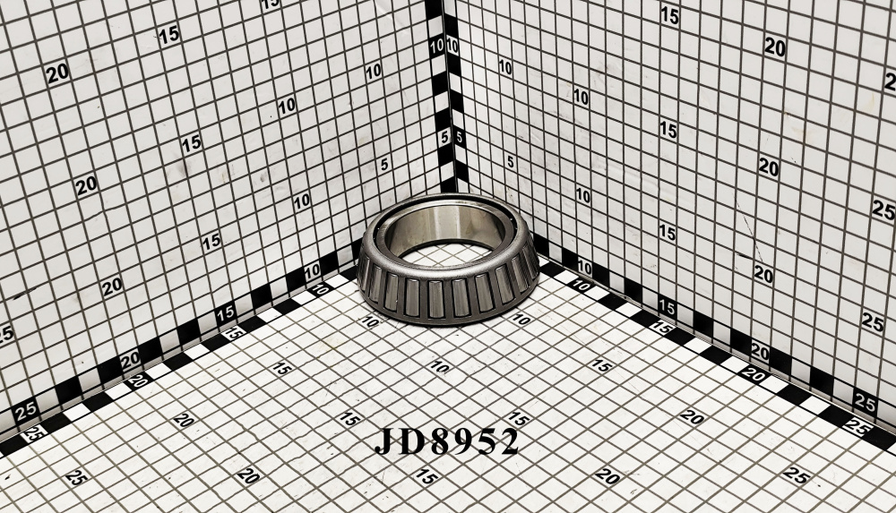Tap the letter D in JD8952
click(x=408, y=440)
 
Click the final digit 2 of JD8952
click(x=506, y=441)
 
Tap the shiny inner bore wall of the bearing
click(x=445, y=223)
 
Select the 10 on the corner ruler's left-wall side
click(x=437, y=47)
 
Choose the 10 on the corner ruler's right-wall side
click(x=452, y=45)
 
